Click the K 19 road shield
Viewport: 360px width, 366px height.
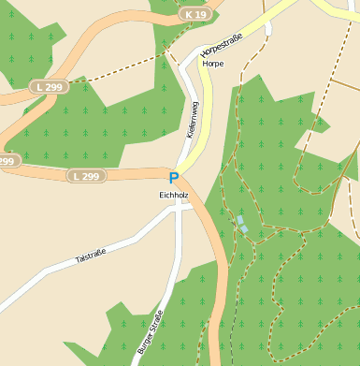(x=194, y=15)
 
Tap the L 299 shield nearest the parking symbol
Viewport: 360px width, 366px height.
(x=85, y=175)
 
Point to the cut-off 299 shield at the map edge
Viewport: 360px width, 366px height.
(x=7, y=161)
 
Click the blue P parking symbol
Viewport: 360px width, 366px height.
(x=173, y=177)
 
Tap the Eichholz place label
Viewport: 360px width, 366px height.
(x=173, y=194)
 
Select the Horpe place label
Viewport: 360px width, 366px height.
(x=213, y=64)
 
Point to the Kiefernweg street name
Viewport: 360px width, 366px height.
(x=192, y=121)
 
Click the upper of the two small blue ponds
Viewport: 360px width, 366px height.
(x=238, y=219)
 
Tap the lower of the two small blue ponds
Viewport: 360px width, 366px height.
(x=243, y=228)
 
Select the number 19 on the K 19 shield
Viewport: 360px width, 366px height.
(x=199, y=15)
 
